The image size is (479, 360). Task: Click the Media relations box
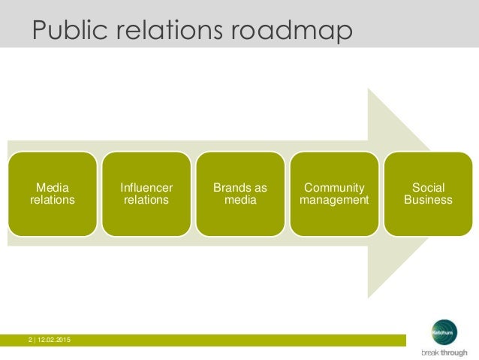click(x=52, y=194)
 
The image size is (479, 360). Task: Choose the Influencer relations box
click(x=146, y=194)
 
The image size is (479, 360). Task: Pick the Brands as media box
click(x=240, y=194)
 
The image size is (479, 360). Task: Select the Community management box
click(x=334, y=194)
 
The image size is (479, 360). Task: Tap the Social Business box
click(x=428, y=194)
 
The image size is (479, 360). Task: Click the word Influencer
click(x=146, y=188)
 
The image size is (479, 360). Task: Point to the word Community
click(x=334, y=188)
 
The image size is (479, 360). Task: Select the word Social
click(x=428, y=188)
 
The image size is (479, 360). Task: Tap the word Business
click(x=428, y=200)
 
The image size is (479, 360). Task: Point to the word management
click(x=334, y=200)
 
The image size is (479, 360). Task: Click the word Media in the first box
click(x=52, y=188)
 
